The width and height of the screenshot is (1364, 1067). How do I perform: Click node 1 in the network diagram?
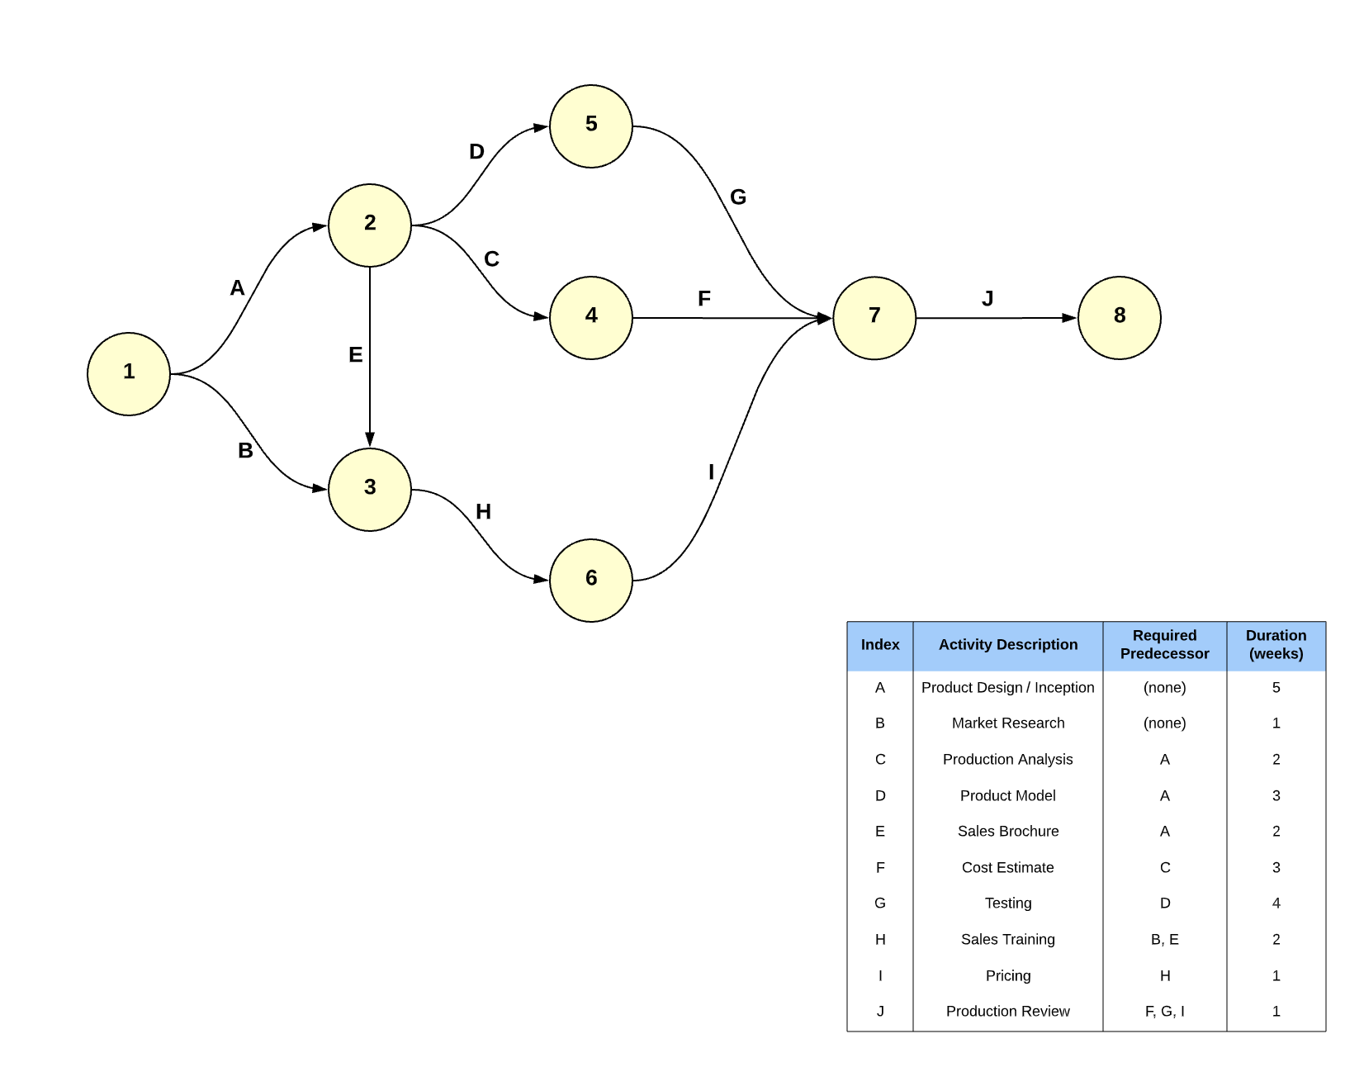click(129, 373)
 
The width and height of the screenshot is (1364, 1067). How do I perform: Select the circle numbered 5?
click(591, 126)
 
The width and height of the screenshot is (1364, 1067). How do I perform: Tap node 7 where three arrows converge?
click(874, 317)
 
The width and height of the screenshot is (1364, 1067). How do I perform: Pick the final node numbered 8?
click(1120, 317)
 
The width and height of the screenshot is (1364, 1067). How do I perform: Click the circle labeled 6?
click(591, 580)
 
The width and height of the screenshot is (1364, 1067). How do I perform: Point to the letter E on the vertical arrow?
click(356, 355)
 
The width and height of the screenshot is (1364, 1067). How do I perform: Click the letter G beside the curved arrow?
click(738, 197)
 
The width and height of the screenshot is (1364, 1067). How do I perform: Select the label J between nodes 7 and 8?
click(987, 299)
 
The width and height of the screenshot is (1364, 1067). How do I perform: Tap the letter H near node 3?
click(484, 512)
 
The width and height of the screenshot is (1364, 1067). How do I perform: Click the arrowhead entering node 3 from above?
click(370, 439)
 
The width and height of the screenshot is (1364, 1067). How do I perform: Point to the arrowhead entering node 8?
click(1069, 317)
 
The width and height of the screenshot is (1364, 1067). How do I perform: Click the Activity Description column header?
click(1007, 645)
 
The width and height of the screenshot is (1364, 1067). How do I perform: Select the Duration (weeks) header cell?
click(1276, 645)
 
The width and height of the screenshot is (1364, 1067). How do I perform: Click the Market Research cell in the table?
click(1007, 723)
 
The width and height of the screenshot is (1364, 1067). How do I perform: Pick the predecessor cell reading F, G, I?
click(1164, 1012)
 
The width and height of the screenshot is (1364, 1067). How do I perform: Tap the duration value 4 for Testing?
click(1276, 903)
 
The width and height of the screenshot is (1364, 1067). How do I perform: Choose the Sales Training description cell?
click(1007, 940)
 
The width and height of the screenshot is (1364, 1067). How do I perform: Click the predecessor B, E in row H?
click(1164, 940)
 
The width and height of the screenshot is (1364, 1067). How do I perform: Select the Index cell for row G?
click(880, 903)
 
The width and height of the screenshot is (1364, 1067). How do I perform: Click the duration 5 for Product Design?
click(1276, 688)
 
